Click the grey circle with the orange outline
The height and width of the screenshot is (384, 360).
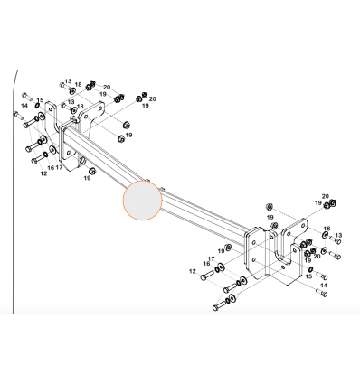pos(142,201)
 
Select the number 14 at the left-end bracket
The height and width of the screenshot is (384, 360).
pos(24,106)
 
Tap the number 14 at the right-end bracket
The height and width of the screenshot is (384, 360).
pos(324,285)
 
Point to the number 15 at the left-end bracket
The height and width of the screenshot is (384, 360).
pos(40,100)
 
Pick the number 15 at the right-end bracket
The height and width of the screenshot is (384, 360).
pos(308,276)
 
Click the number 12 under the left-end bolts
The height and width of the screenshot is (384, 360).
pos(43,173)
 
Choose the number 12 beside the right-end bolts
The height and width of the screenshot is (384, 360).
pos(193,271)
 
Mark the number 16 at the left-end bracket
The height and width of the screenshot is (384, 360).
pos(51,167)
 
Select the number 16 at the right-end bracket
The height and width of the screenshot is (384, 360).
pos(206,264)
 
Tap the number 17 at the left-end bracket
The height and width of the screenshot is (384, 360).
pos(59,167)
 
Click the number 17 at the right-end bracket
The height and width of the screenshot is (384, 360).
pos(211,258)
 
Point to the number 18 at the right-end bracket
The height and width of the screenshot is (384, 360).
pos(327,229)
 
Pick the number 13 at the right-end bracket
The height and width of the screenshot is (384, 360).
pos(338,235)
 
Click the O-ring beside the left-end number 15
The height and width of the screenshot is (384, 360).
pos(37,106)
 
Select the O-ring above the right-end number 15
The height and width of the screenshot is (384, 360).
pos(310,268)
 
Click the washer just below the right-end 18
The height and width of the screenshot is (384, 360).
pos(325,250)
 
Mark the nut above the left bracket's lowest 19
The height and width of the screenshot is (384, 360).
pos(91,171)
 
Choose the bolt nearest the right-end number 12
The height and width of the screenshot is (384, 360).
pos(207,276)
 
